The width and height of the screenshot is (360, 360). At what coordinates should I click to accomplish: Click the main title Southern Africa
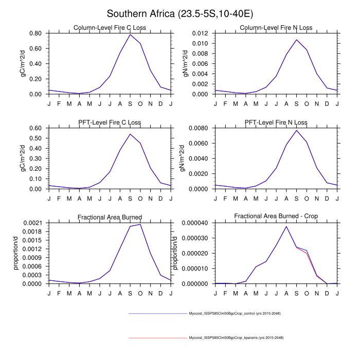180,14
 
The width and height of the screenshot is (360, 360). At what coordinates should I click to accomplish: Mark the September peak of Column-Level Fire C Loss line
130,34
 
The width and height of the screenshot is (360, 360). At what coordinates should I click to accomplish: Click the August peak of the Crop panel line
286,226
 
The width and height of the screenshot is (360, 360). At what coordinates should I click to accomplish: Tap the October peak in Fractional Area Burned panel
140,224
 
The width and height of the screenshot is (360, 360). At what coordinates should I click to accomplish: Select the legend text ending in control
235,313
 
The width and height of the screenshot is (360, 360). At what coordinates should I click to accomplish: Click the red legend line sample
158,338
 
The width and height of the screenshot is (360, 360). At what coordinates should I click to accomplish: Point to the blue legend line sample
158,313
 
